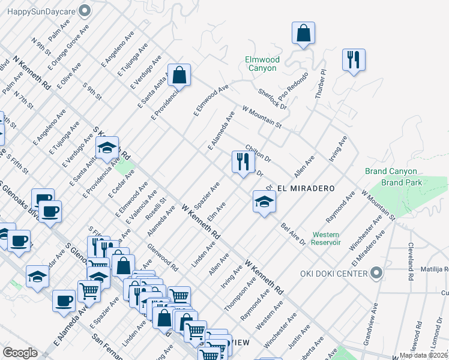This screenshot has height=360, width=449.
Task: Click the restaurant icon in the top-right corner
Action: (354, 60)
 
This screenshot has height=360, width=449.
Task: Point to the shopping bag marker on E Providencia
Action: (179, 76)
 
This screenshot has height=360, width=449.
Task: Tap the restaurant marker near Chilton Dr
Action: (243, 162)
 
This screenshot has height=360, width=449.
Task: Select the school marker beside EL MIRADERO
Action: (264, 202)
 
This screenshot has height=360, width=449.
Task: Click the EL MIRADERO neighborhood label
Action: (306, 188)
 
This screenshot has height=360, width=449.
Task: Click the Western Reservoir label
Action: (326, 238)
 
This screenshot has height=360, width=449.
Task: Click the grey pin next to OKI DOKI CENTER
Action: (376, 274)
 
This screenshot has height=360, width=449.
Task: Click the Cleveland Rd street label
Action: (410, 254)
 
